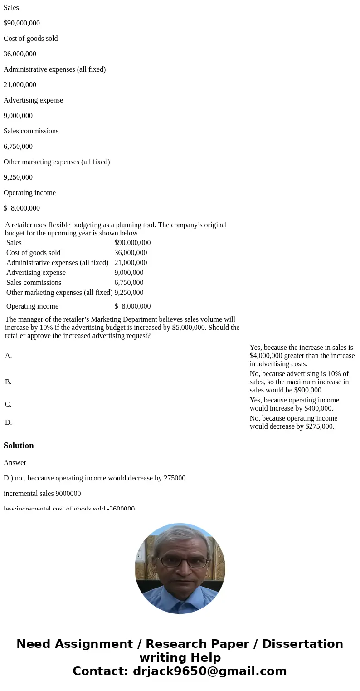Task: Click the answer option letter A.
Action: [9, 356]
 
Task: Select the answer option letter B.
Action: [8, 382]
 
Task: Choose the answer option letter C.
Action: [8, 404]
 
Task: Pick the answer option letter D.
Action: [9, 422]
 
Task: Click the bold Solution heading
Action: [19, 446]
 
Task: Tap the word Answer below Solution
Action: [15, 463]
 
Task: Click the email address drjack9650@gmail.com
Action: [209, 671]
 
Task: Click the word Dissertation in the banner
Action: [302, 644]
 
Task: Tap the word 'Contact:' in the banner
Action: [101, 671]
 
